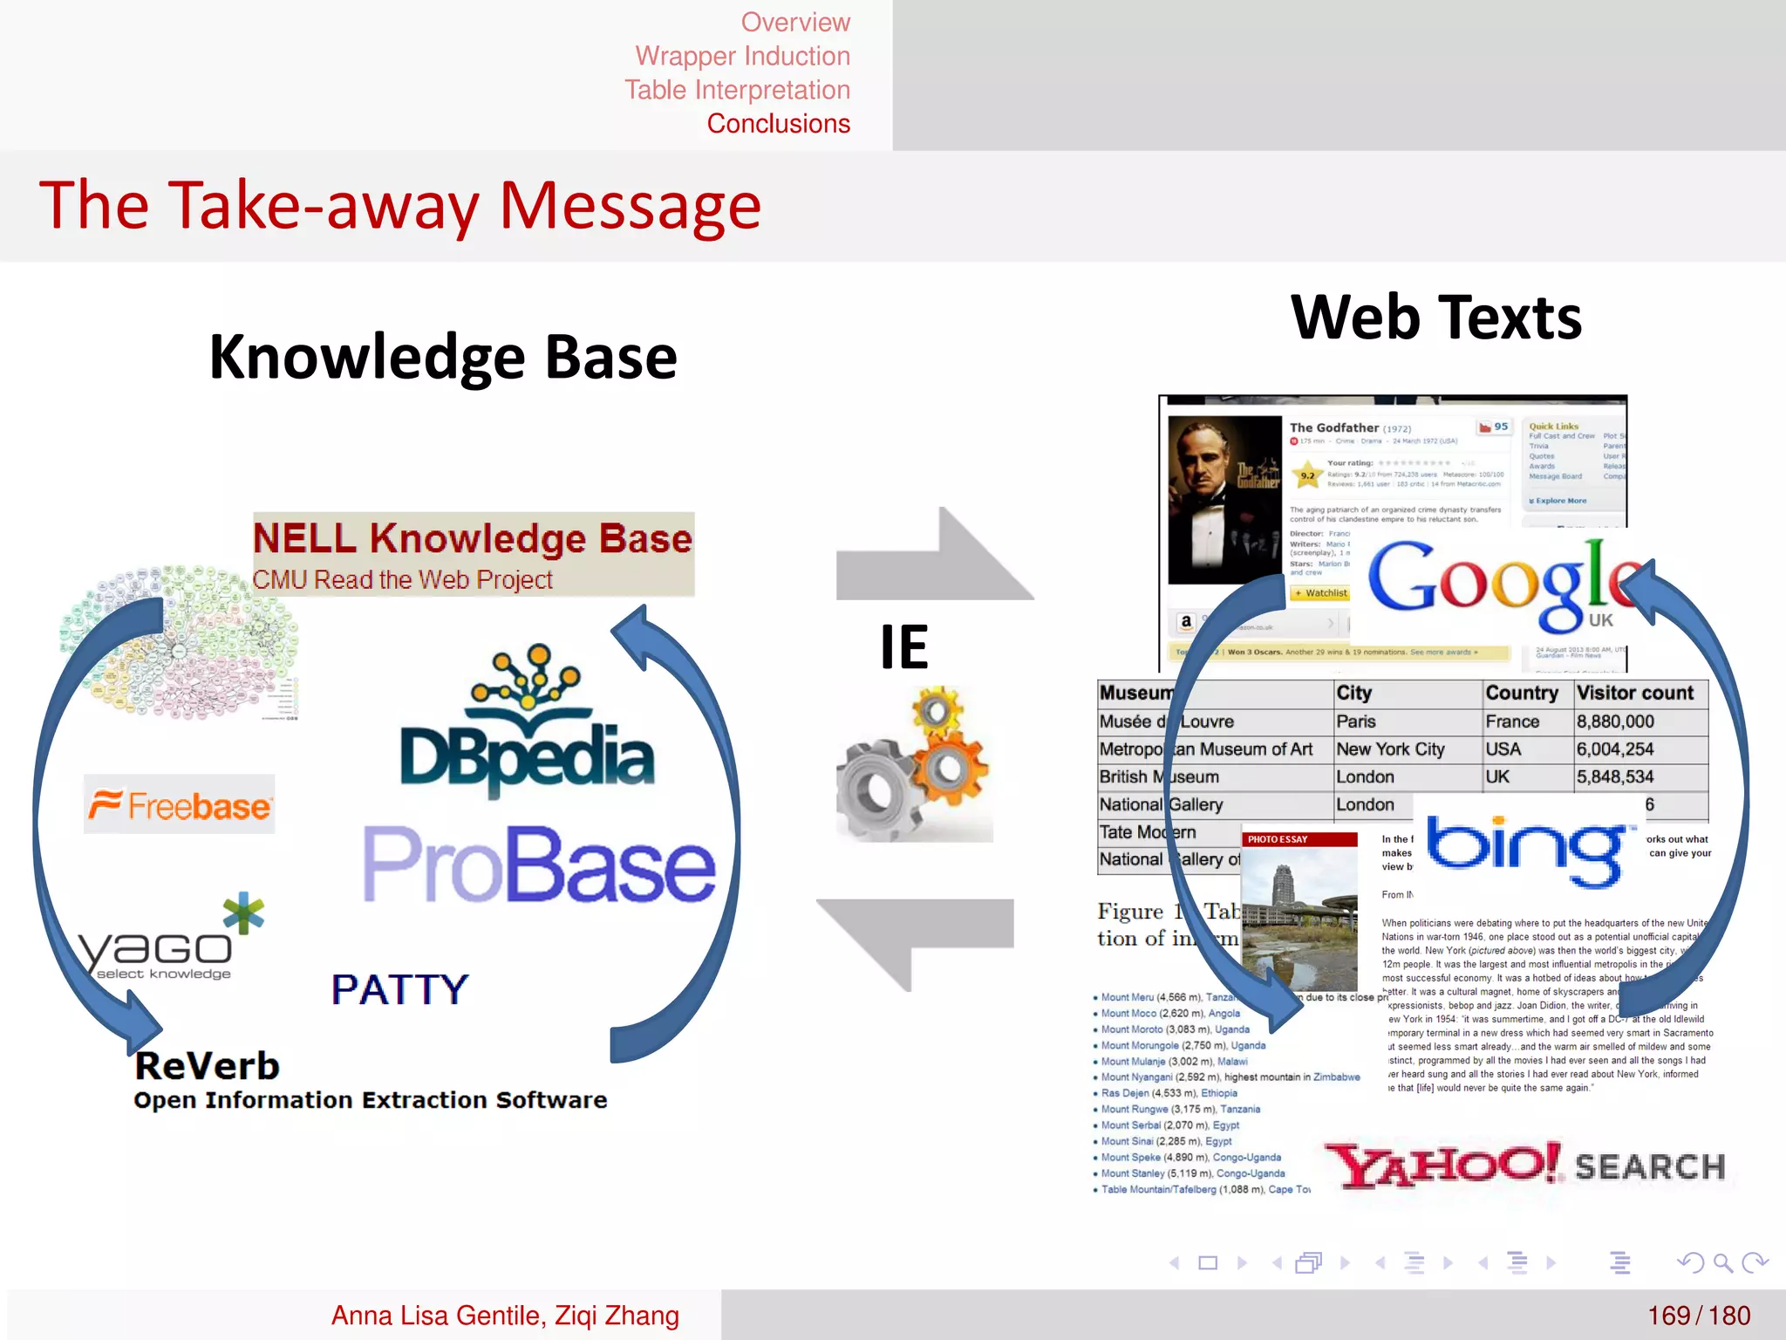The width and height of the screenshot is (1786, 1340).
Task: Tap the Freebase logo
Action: [x=180, y=804]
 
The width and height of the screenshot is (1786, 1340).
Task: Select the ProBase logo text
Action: [x=539, y=865]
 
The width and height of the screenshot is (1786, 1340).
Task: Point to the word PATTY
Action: [x=399, y=989]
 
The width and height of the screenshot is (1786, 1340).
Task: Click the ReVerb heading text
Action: [x=208, y=1066]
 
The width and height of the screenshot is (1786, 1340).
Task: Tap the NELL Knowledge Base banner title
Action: [x=473, y=538]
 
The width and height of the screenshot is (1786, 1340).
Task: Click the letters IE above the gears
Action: [x=903, y=647]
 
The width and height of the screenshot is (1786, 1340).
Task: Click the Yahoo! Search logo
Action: [x=1524, y=1166]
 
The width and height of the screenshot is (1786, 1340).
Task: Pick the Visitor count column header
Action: [x=1634, y=693]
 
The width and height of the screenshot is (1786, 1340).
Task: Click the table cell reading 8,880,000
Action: [x=1615, y=721]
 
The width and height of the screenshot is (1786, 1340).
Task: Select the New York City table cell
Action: [x=1390, y=749]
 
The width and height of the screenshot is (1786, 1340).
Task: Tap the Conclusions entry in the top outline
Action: [x=778, y=124]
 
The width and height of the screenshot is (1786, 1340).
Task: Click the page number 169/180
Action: [x=1698, y=1315]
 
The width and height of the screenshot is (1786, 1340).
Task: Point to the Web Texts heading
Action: [x=1435, y=318]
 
